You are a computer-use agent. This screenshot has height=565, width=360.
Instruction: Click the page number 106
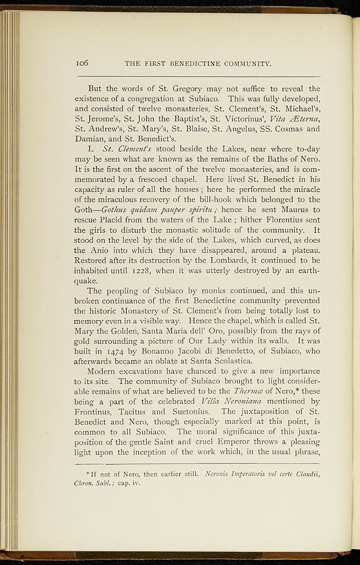click(82, 63)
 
